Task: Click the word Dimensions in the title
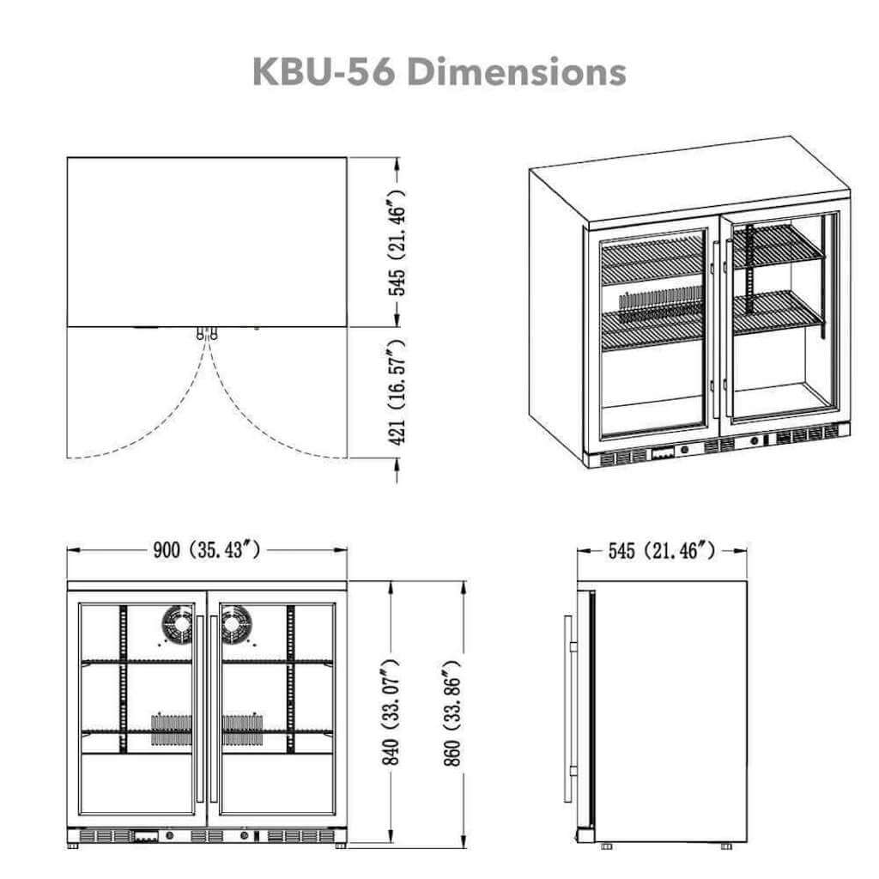516,72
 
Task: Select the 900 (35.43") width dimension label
206,550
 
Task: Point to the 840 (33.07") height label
391,712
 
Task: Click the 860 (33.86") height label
457,712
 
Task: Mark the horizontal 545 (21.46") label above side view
661,550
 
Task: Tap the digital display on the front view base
145,834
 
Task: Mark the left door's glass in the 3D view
652,335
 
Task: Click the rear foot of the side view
727,846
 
